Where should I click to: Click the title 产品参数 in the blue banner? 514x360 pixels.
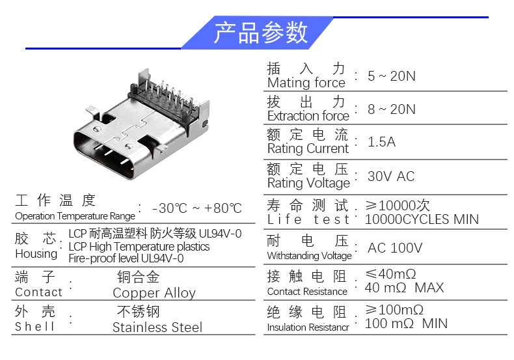(261, 32)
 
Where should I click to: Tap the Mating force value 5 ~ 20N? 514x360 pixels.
(391, 76)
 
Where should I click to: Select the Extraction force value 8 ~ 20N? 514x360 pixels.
(391, 109)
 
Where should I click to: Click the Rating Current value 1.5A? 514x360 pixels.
(381, 142)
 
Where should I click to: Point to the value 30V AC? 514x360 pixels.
(390, 176)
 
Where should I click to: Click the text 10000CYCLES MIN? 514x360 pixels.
(422, 219)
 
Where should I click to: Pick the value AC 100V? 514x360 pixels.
(395, 248)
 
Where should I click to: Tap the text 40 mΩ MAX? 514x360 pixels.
(404, 287)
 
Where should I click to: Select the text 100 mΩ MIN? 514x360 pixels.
(406, 323)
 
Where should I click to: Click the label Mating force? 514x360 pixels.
(306, 83)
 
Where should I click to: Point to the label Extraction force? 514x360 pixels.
(308, 116)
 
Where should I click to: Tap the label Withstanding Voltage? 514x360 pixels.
(309, 256)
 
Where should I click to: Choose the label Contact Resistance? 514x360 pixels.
(307, 292)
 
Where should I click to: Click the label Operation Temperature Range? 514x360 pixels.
(75, 215)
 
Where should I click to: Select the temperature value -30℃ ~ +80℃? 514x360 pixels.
(196, 208)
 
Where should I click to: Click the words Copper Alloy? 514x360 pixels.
(154, 293)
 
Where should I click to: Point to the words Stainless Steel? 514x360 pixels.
(157, 327)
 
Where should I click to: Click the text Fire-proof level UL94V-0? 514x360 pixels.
(126, 258)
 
